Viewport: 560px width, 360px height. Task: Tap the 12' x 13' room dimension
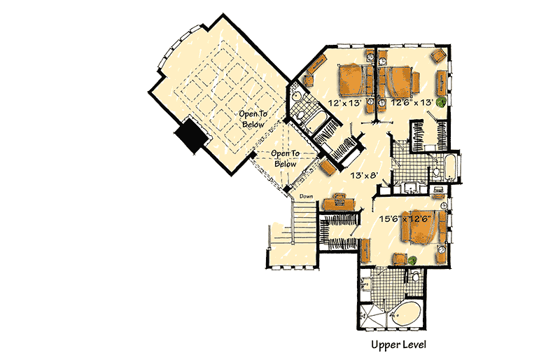pos(343,103)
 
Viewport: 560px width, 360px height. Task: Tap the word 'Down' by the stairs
pos(306,197)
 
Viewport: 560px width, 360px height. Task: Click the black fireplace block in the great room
pos(190,134)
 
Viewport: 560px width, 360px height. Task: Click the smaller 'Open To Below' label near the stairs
pos(286,158)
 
